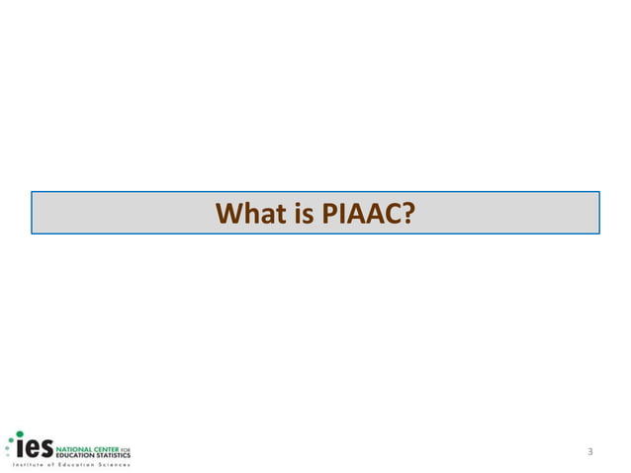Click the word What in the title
[x=248, y=213]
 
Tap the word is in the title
[x=299, y=213]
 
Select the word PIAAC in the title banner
[x=361, y=213]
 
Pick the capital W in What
[x=230, y=213]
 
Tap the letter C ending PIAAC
[x=393, y=213]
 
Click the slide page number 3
[x=589, y=452]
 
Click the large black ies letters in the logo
[x=35, y=446]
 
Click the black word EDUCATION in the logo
[x=74, y=454]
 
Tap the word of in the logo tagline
[x=51, y=463]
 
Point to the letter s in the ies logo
[x=45, y=447]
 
